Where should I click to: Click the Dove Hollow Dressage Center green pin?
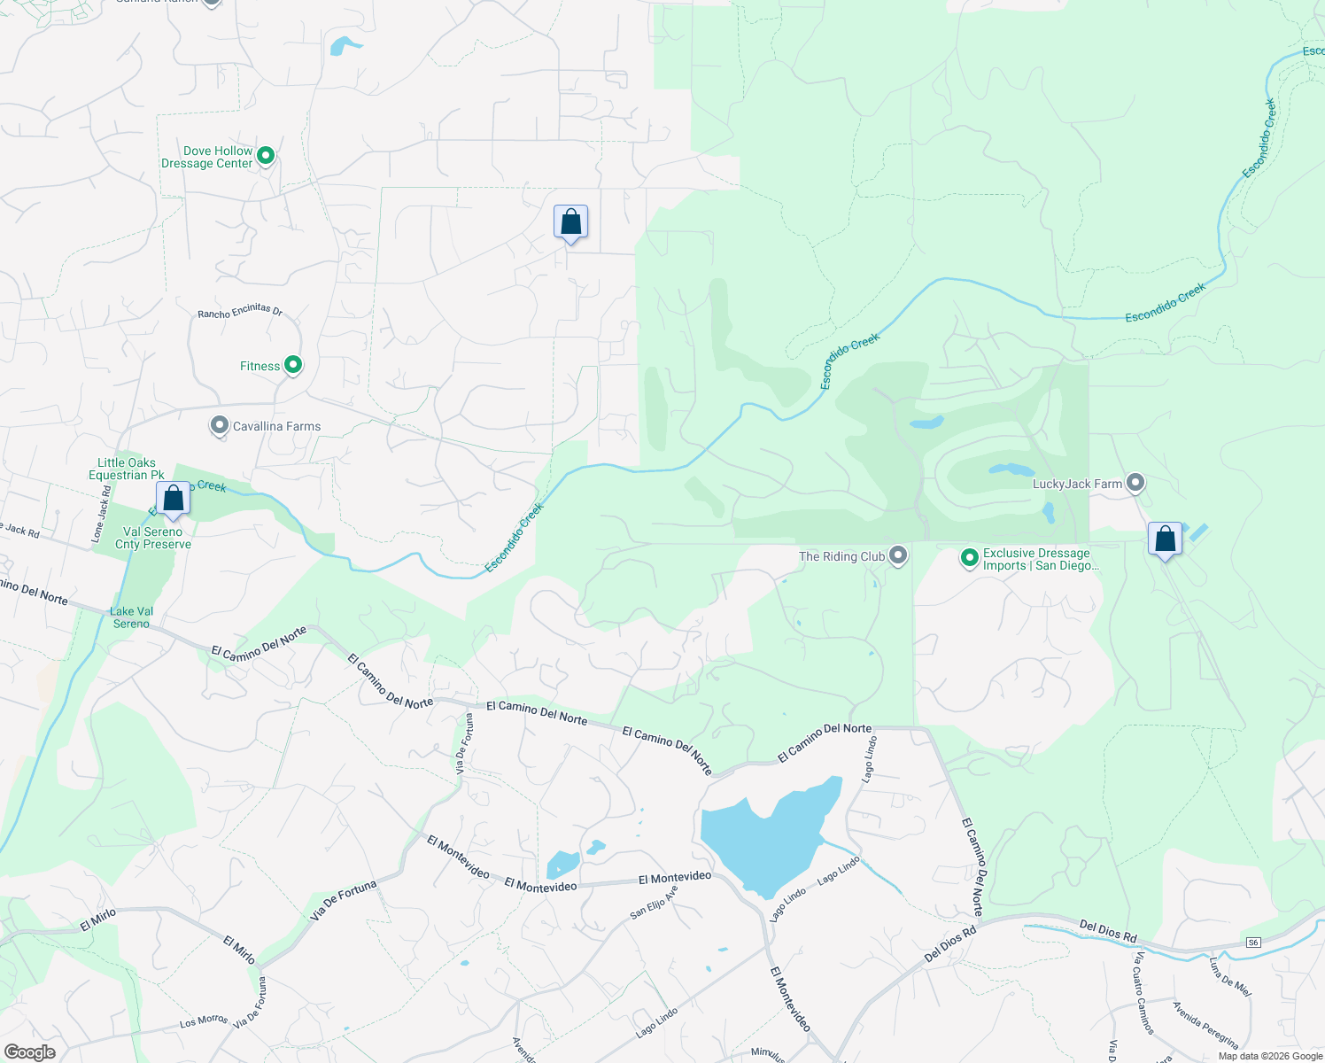pyautogui.click(x=265, y=157)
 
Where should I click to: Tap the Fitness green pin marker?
pyautogui.click(x=292, y=365)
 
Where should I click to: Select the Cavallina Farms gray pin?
pyautogui.click(x=219, y=426)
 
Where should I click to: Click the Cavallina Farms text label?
pyautogui.click(x=276, y=427)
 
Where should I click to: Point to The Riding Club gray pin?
pyautogui.click(x=898, y=555)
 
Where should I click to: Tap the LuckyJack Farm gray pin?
pyautogui.click(x=1135, y=483)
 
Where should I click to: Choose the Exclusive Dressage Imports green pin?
pyautogui.click(x=970, y=558)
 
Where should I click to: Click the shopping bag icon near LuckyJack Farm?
pyautogui.click(x=1165, y=539)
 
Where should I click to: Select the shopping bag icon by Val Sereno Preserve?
pyautogui.click(x=173, y=500)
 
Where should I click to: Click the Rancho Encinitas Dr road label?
pyautogui.click(x=240, y=311)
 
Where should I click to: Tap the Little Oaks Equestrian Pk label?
pyautogui.click(x=127, y=469)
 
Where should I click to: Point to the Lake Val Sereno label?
pyautogui.click(x=132, y=617)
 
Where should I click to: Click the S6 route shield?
pyautogui.click(x=1252, y=942)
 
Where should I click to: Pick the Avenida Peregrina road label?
pyautogui.click(x=1205, y=1025)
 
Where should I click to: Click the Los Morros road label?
pyautogui.click(x=204, y=1021)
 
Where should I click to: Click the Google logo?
pyautogui.click(x=29, y=1052)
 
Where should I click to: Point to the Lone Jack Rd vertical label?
pyautogui.click(x=101, y=514)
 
